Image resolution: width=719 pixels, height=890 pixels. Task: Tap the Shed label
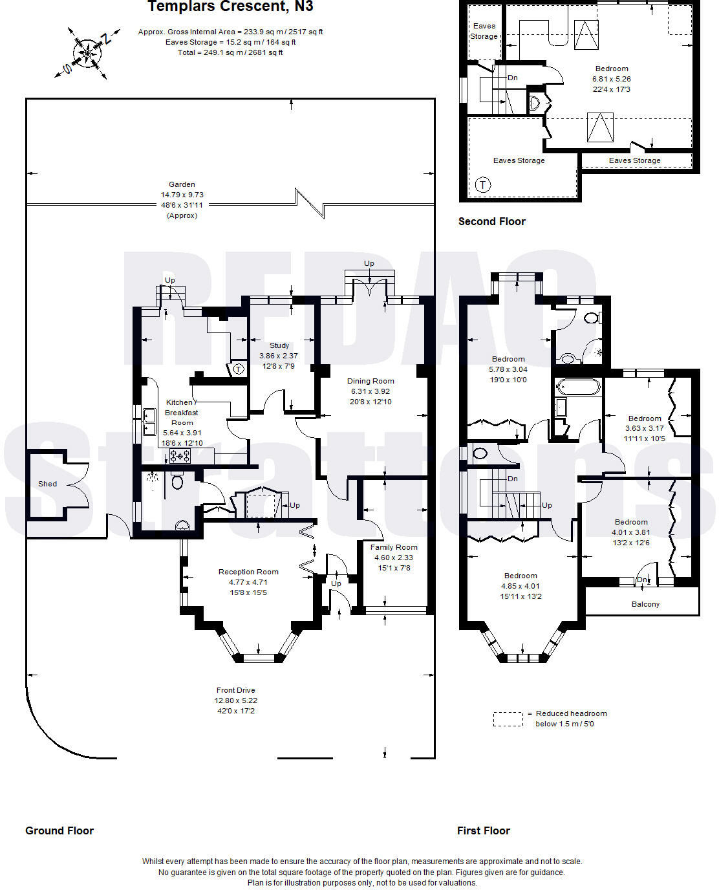47,484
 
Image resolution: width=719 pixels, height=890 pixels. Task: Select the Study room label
279,345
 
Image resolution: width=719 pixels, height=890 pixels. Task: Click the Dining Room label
370,381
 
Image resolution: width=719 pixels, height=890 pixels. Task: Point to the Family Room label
394,547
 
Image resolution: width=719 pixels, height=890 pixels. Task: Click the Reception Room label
248,572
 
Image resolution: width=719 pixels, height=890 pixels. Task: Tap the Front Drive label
236,690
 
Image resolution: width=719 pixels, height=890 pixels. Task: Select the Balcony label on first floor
645,604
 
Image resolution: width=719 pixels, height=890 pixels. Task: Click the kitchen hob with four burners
180,456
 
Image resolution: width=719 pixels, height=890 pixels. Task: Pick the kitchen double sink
149,422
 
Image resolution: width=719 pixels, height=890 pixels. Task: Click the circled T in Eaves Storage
483,185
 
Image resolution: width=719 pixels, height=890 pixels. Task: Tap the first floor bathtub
578,387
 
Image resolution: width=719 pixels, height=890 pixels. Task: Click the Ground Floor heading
59,830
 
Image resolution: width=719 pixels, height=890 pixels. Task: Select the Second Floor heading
491,221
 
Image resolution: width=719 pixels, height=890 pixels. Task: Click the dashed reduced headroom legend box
508,719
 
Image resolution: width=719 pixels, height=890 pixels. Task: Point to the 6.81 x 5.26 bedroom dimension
611,79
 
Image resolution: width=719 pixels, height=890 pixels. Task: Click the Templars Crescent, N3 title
230,7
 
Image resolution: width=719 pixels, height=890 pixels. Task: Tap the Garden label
182,184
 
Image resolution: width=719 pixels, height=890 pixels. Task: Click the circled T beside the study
239,369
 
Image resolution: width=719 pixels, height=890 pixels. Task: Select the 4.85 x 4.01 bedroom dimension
520,586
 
